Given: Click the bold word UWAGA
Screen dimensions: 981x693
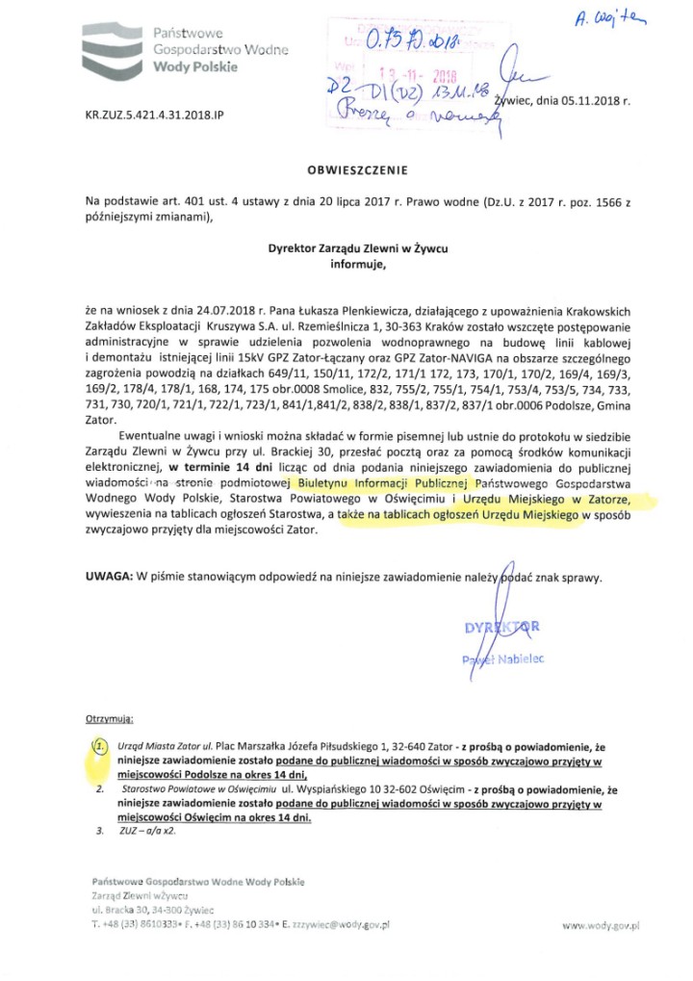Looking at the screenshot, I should [x=108, y=578].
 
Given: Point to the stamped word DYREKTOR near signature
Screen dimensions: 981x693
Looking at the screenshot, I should [x=501, y=628].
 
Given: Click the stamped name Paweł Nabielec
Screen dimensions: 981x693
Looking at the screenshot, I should [x=501, y=658].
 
